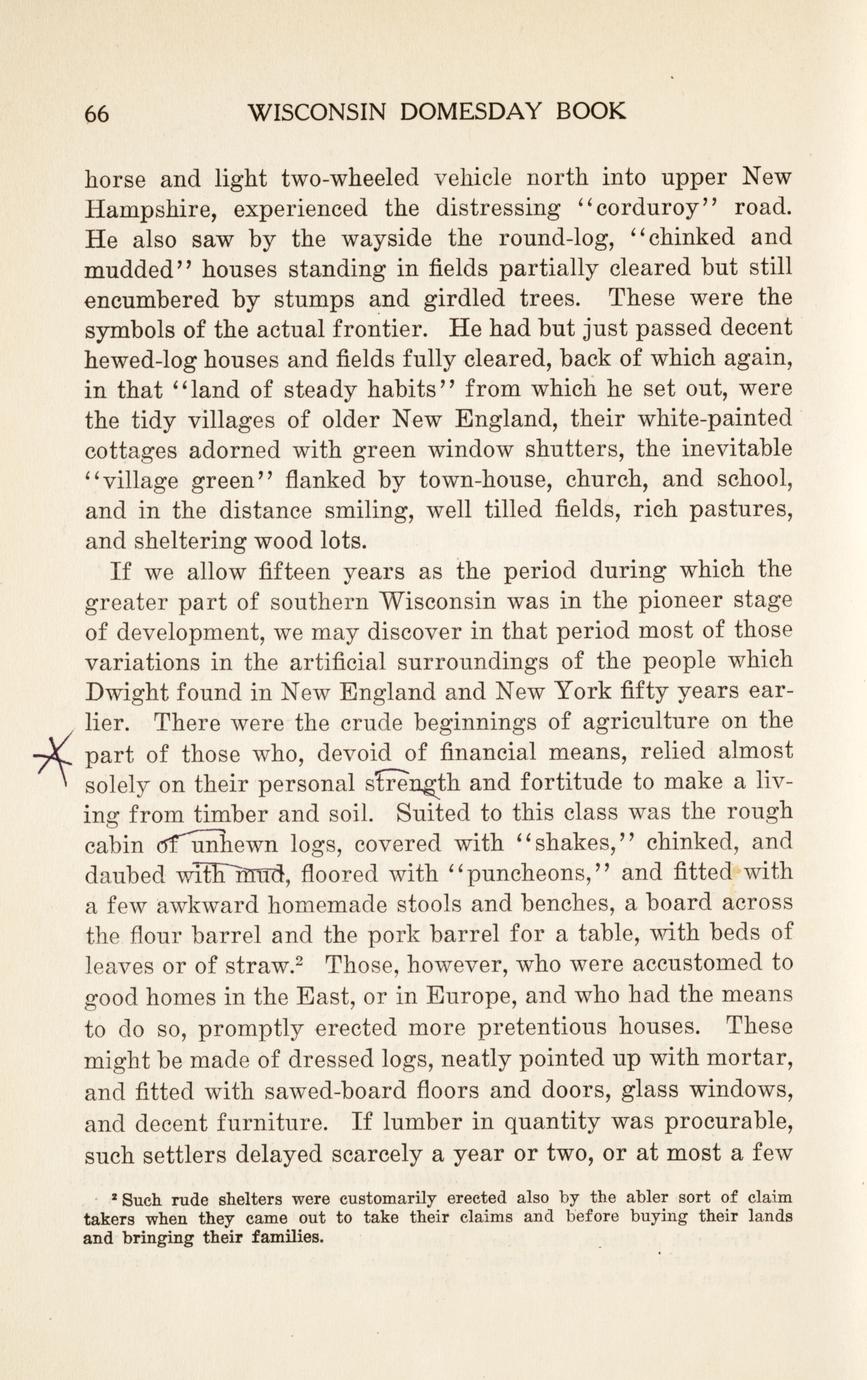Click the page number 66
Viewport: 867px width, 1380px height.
pos(97,114)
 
